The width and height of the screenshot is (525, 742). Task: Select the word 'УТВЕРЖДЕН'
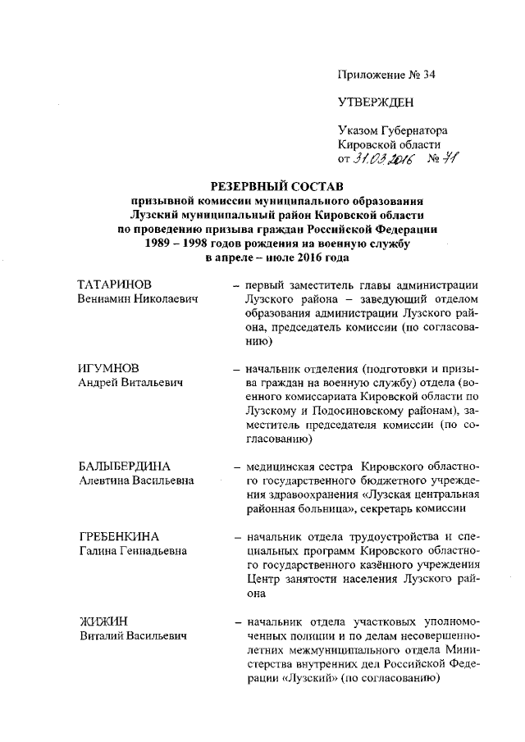pyautogui.click(x=376, y=103)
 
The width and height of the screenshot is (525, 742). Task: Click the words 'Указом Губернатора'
pyautogui.click(x=393, y=131)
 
